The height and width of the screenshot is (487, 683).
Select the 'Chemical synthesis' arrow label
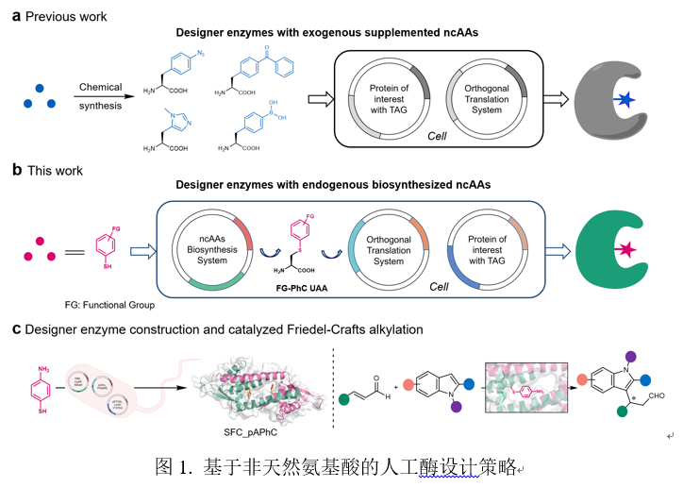(100, 95)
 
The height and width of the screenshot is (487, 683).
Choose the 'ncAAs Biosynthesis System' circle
(207, 247)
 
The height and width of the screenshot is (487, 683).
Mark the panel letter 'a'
(16, 16)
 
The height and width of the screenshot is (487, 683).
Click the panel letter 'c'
(16, 327)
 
